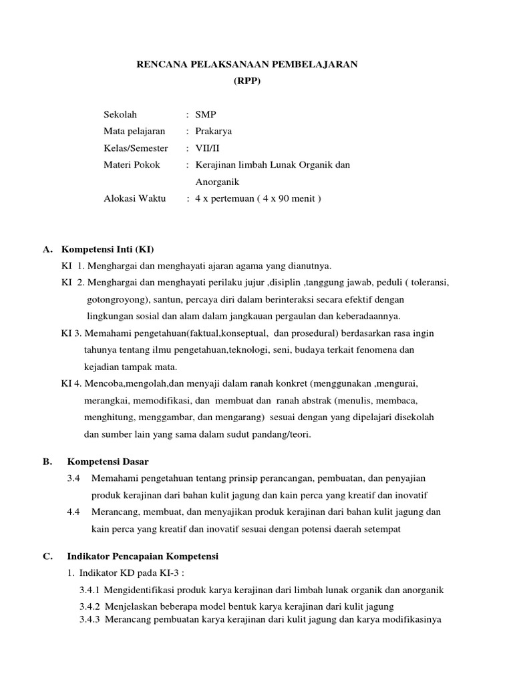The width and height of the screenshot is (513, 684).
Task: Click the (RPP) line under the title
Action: click(247, 81)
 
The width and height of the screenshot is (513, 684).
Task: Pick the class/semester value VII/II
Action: click(207, 148)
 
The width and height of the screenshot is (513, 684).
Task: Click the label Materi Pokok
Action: click(132, 165)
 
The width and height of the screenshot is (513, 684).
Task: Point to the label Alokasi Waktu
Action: click(136, 198)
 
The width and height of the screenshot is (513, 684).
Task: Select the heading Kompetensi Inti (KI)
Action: click(108, 250)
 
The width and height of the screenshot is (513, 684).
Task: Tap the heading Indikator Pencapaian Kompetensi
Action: click(143, 556)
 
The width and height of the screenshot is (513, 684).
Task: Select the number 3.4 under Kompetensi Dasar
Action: click(73, 478)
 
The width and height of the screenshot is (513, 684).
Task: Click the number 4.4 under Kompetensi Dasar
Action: click(73, 512)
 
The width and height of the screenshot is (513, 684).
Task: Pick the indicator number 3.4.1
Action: click(90, 590)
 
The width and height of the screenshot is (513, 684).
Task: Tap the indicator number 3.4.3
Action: click(90, 618)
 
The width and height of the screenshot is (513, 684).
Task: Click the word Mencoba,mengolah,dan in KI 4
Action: click(133, 384)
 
